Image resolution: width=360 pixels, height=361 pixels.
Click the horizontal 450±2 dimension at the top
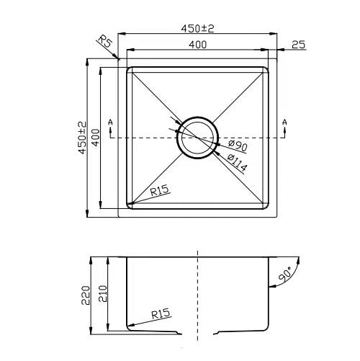coord(197,29)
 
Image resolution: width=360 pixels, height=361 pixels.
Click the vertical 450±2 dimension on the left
coord(83,138)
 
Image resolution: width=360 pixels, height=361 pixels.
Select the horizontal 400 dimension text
coord(197,45)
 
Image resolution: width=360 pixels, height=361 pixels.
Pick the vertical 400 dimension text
coord(96,138)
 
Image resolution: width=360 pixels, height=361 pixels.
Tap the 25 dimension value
coord(299,45)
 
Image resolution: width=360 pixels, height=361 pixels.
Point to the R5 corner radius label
coord(105,41)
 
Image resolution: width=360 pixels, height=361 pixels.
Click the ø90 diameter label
coord(238,146)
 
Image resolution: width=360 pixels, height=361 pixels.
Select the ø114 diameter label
coord(237,164)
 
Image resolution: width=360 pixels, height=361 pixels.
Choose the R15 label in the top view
coord(159,190)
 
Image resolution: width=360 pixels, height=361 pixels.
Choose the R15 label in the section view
coord(161,313)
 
